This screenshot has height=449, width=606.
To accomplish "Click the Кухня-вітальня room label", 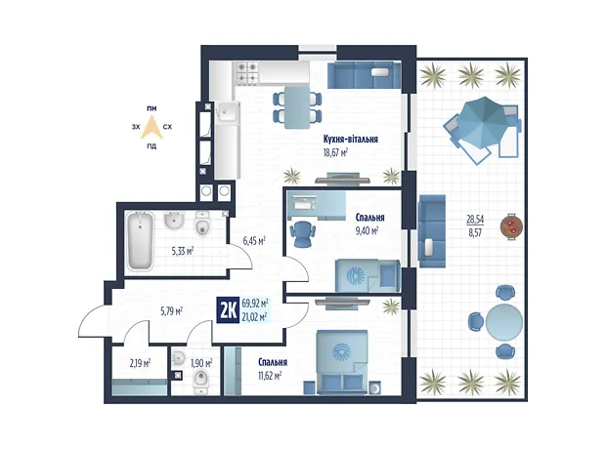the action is click(351, 139).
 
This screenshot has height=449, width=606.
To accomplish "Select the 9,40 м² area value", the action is click(367, 231).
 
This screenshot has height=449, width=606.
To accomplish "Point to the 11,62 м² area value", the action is click(270, 375).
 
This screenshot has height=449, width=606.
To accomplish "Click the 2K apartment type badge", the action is click(229, 310).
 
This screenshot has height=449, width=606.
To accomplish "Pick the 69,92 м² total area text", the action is click(255, 303).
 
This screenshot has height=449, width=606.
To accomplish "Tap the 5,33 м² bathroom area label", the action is click(183, 252).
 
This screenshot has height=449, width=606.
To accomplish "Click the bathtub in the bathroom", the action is click(140, 240).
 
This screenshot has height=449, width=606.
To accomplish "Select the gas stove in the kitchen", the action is click(246, 72).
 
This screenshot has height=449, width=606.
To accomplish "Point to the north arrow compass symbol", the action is click(151, 127).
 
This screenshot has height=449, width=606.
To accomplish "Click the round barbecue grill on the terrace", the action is click(511, 226).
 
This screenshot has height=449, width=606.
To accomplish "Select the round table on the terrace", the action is click(504, 322).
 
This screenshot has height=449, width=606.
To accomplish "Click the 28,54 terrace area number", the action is click(475, 220).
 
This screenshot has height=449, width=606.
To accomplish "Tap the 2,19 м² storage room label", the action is click(140, 363).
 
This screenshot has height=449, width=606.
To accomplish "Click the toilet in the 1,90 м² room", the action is click(201, 381).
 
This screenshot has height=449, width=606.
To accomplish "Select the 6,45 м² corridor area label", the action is click(254, 242).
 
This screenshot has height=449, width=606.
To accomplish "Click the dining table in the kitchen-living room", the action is click(297, 107).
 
